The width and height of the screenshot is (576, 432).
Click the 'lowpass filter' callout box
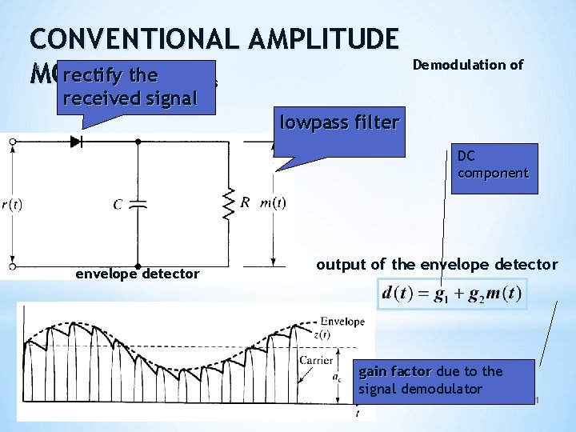[338, 122]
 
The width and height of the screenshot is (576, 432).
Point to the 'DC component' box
[493, 165]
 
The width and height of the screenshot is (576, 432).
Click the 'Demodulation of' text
[468, 65]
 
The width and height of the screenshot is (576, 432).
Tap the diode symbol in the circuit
[77, 142]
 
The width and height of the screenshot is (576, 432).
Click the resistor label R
[247, 202]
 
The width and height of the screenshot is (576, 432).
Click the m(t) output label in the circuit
[274, 202]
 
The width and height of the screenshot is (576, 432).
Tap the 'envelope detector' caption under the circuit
[137, 274]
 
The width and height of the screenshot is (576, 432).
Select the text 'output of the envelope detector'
[437, 264]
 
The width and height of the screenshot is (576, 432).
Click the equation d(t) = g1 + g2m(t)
[453, 294]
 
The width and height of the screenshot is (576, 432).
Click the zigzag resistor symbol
[230, 204]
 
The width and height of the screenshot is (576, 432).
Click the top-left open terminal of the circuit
[12, 142]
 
